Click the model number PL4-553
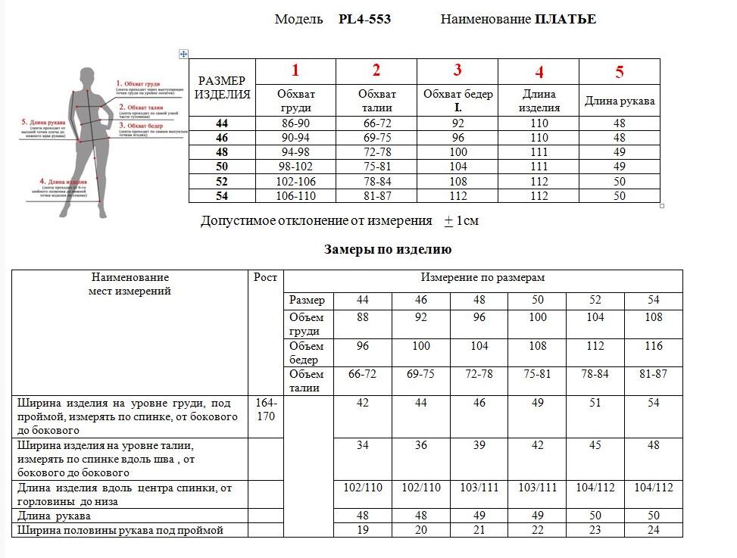(x=364, y=20)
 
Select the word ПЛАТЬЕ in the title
(x=565, y=20)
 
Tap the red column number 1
(x=295, y=71)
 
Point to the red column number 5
(x=620, y=73)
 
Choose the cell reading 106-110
(x=295, y=195)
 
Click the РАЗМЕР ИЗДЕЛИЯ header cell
(x=222, y=88)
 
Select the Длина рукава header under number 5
(x=620, y=101)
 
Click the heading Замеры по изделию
(x=388, y=249)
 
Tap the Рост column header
(x=265, y=278)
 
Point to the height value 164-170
(x=265, y=410)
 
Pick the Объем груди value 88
(x=363, y=317)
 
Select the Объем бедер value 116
(x=654, y=346)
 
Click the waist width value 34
(x=363, y=445)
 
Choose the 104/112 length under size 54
(x=654, y=488)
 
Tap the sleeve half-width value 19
(x=363, y=531)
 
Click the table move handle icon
(x=183, y=53)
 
